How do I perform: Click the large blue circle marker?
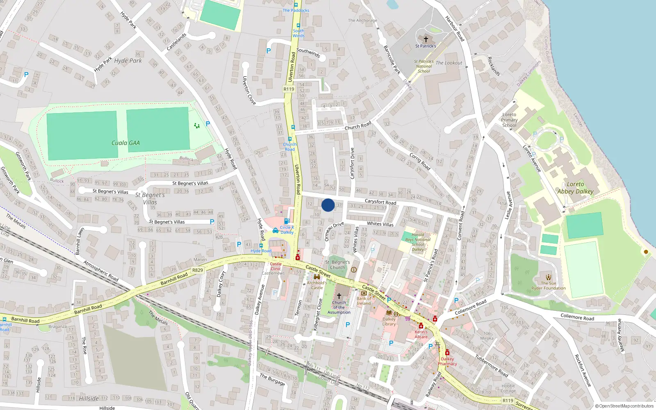[328, 205]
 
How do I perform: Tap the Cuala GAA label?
[125, 143]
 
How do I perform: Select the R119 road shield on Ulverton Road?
[289, 89]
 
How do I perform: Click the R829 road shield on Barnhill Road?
[198, 270]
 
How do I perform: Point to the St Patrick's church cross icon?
[426, 39]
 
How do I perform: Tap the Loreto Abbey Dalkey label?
[575, 188]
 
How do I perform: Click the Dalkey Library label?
[389, 321]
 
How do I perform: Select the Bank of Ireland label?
[364, 301]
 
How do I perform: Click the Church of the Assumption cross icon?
[339, 296]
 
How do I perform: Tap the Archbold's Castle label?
[317, 285]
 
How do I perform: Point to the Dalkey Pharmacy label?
[447, 361]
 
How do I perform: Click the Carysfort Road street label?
[380, 202]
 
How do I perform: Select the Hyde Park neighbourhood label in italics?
[128, 61]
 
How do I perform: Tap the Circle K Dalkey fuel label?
[287, 230]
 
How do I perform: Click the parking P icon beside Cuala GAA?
[208, 124]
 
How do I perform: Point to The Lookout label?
[449, 63]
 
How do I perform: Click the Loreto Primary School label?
[509, 120]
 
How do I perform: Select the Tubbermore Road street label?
[492, 366]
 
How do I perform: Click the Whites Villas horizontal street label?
[380, 224]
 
